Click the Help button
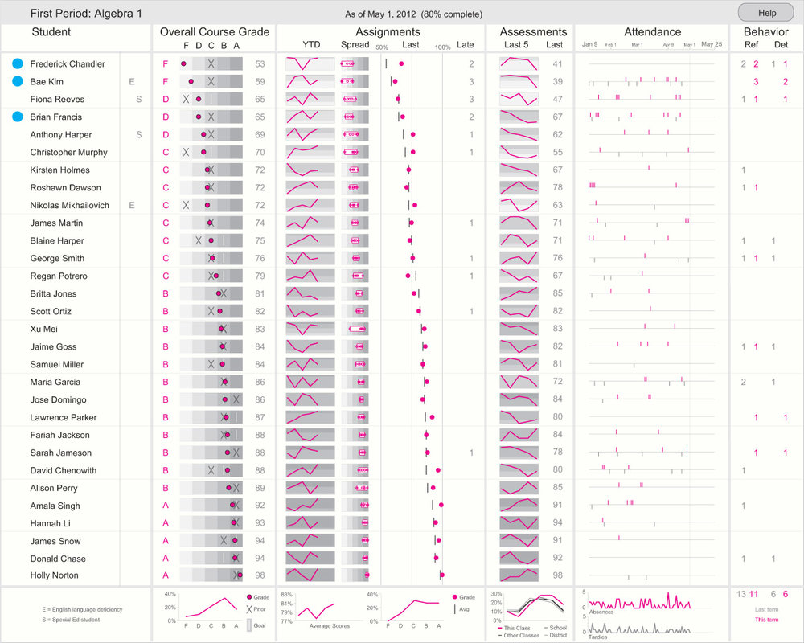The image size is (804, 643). [766, 13]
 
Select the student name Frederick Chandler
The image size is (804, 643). [68, 63]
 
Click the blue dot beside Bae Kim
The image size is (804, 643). [18, 81]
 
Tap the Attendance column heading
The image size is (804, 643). [652, 32]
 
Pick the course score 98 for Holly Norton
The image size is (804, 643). [260, 575]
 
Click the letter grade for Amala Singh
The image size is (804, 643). [166, 506]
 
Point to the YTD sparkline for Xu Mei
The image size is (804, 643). [310, 329]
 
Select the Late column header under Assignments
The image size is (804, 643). [465, 45]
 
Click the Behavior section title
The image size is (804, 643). [765, 32]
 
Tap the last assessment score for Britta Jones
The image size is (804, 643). [557, 293]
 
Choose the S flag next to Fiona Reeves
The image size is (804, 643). [138, 99]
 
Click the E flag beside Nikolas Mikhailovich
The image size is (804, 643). [132, 205]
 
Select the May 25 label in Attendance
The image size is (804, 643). [711, 45]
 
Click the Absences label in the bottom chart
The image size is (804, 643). [601, 612]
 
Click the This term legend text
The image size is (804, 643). [766, 620]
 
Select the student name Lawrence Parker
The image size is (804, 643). [64, 417]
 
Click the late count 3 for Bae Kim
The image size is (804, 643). [471, 81]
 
